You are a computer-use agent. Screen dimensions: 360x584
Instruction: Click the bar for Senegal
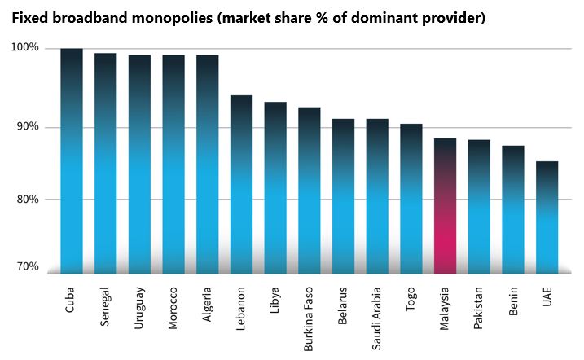(106, 164)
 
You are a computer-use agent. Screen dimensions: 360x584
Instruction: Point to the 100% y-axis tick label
(24, 48)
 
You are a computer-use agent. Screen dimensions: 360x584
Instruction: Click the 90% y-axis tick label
(27, 127)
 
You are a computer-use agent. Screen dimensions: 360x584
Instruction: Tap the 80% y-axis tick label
(27, 199)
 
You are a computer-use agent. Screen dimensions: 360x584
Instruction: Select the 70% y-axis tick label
(27, 267)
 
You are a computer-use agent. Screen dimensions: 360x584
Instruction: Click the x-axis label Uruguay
(139, 305)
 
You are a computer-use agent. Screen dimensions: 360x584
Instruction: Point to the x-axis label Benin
(512, 300)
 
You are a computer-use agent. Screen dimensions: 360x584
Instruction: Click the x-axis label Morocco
(173, 306)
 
